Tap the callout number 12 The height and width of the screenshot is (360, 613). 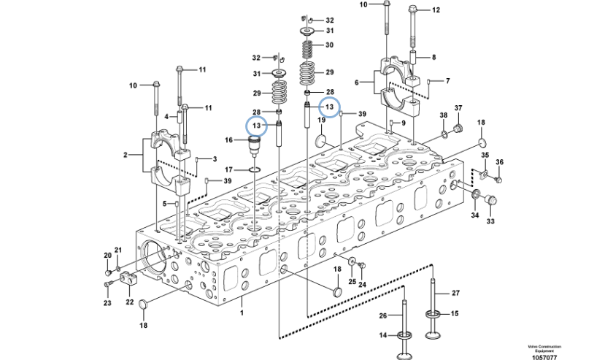[x=436, y=10]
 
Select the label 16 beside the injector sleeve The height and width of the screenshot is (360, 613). [x=229, y=139]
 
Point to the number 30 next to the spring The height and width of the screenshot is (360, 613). [x=329, y=45]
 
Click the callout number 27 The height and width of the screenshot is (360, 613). [x=455, y=293]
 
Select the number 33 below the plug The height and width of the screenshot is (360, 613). [x=490, y=221]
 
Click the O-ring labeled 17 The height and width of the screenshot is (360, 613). [x=252, y=171]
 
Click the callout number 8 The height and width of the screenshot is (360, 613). [x=433, y=57]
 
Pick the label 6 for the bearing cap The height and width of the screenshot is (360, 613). [x=357, y=83]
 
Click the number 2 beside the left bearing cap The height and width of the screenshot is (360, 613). [x=126, y=155]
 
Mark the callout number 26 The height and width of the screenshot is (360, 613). [x=382, y=315]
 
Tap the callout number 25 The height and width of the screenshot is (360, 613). [x=352, y=282]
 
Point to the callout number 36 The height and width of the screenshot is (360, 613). [x=500, y=162]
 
